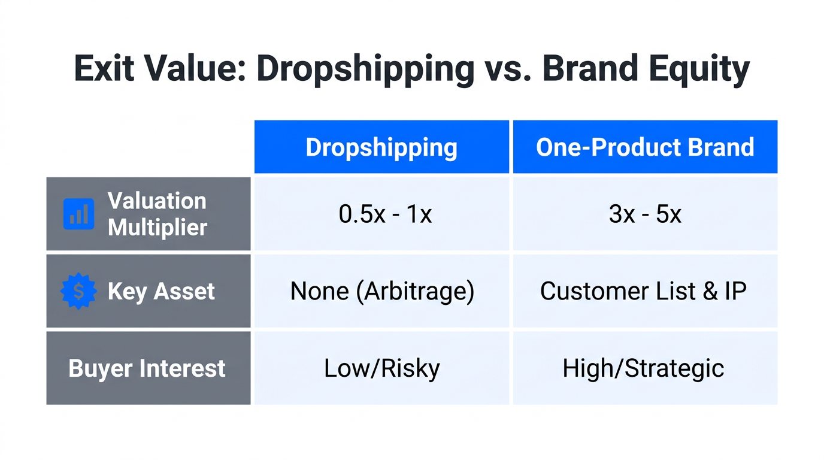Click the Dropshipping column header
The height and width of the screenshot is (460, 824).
point(381,147)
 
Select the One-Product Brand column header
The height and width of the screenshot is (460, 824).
point(645,147)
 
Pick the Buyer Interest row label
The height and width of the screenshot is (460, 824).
point(147,368)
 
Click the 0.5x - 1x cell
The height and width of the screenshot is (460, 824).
point(385,214)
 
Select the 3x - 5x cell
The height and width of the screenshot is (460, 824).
point(645,214)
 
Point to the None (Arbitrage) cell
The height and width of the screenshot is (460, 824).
point(382,291)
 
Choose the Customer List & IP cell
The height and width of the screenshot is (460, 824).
point(643,291)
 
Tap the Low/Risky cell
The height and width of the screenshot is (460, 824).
point(382,368)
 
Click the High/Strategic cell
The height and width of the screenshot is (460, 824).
point(643,368)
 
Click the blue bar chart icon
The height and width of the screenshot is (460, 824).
point(78,214)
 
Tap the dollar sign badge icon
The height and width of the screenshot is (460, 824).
point(78,291)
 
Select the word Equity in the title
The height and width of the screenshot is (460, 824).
point(704,69)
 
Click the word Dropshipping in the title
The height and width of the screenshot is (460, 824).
point(365,69)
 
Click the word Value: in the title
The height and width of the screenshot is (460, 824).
point(193,69)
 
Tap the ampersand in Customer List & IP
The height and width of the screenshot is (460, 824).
point(711,291)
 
